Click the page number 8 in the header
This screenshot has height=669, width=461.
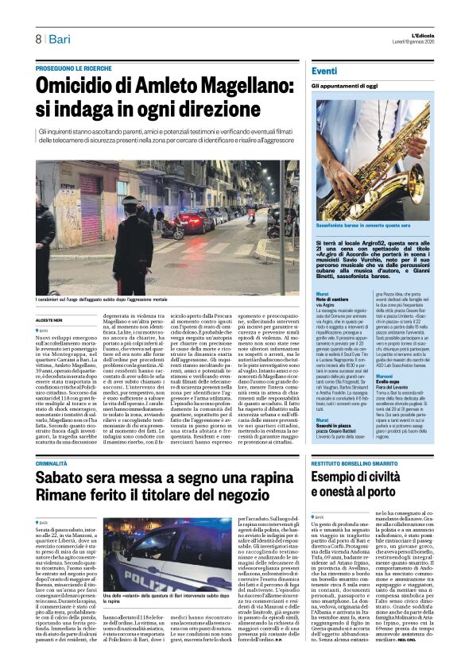click(37, 39)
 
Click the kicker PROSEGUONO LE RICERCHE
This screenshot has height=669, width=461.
click(74, 68)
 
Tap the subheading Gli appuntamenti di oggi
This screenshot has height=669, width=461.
click(345, 86)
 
